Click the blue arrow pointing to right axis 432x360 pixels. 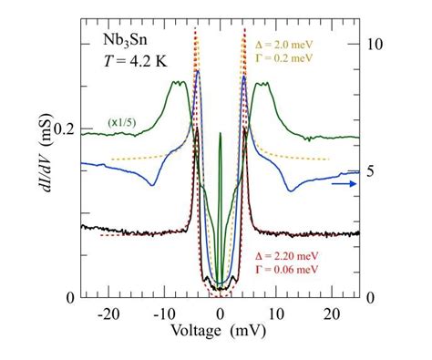point(343,183)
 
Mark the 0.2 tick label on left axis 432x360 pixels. point(64,129)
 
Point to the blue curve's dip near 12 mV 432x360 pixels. point(289,190)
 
